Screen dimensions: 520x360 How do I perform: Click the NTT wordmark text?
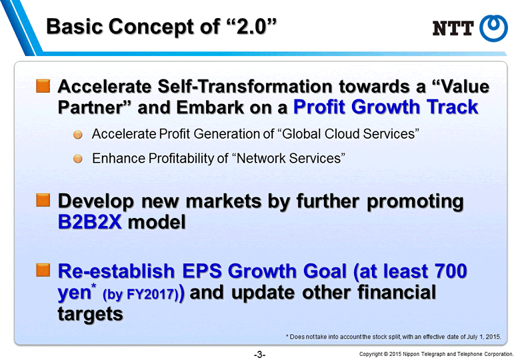coord(453,28)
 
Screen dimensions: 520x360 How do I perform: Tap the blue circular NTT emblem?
coord(493,29)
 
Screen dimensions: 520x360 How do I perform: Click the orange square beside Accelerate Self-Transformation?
coord(43,86)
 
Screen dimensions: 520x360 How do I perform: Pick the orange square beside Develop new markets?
coord(43,200)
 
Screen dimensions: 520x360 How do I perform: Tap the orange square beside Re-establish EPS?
coord(43,270)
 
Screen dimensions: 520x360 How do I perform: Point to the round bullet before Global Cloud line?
coord(77,135)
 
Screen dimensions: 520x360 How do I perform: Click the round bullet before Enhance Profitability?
coord(77,159)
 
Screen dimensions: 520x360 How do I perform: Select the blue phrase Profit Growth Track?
coord(386,107)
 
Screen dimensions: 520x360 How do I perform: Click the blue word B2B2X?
coord(90,222)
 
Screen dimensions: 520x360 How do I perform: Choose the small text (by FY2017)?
coord(141,295)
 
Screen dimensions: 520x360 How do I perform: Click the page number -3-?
coord(260,355)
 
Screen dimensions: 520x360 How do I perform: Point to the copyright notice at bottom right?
coord(436,354)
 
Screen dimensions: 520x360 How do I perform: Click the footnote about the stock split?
coord(393,337)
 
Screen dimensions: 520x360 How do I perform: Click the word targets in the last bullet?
coord(90,314)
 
